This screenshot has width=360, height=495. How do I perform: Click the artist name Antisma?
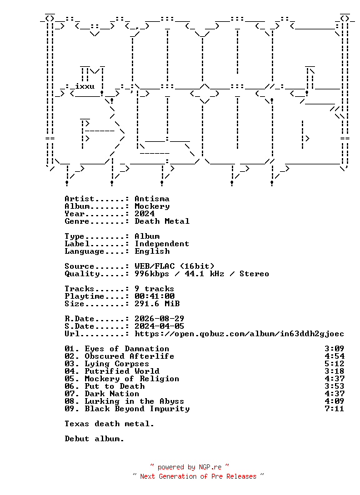(x=152, y=199)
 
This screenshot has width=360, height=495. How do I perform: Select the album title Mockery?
(x=152, y=206)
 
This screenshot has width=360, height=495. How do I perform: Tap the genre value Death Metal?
(x=162, y=221)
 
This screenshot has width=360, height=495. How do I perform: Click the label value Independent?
(x=162, y=244)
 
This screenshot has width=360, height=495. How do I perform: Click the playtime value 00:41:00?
(x=155, y=296)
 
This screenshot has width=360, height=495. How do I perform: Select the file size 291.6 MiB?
(x=157, y=304)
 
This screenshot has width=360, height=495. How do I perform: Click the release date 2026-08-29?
(x=159, y=319)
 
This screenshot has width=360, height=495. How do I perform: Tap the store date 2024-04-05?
(x=159, y=326)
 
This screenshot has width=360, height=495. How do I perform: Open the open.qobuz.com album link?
(x=239, y=334)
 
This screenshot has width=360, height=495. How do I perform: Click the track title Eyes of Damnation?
(x=127, y=349)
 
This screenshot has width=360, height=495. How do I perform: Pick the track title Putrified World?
(x=122, y=371)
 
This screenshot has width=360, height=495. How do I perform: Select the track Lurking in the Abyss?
(x=134, y=401)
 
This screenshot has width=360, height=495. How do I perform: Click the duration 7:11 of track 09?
(x=334, y=409)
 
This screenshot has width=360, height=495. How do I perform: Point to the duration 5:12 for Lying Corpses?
(x=334, y=364)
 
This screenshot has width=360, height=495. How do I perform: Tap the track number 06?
(x=69, y=386)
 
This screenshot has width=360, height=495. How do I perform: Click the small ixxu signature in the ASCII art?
(x=84, y=86)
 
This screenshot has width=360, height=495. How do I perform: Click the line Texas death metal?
(x=109, y=424)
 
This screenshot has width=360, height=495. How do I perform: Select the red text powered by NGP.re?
(x=189, y=467)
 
